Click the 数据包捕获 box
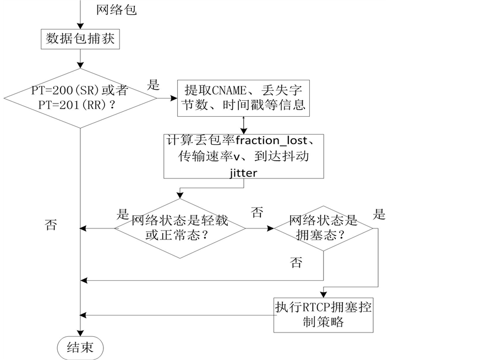tap(80, 39)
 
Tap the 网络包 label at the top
tap(116, 10)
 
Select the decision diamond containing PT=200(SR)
tap(81, 99)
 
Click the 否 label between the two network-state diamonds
tap(256, 212)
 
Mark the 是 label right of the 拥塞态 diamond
tap(379, 214)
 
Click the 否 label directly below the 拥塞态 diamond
tap(296, 262)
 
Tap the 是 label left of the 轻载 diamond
tap(123, 214)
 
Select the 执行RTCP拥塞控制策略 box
tap(323, 315)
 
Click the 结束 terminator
tap(80, 347)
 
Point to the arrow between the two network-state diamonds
tap(260, 228)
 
